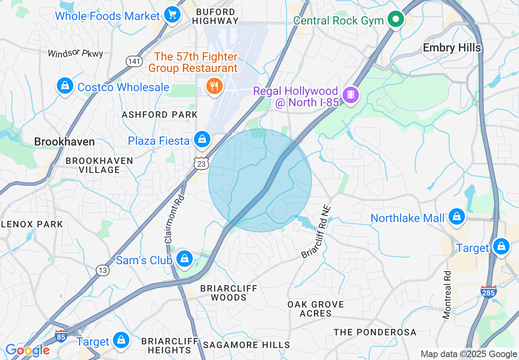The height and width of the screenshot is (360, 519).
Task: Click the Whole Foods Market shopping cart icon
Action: (172, 16)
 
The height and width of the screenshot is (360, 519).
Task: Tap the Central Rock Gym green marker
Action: (396, 19)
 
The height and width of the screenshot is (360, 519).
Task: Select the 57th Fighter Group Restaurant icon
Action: (213, 86)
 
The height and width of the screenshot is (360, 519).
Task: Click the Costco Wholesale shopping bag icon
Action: (65, 86)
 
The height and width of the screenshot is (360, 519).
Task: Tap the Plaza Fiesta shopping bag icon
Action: (202, 139)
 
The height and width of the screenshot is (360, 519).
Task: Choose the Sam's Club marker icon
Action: (185, 259)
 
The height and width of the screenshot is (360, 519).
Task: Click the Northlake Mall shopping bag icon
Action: (456, 217)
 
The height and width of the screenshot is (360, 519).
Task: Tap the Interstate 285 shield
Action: (489, 292)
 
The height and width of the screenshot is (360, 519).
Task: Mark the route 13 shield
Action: (103, 270)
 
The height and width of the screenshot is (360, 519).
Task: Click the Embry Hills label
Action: (451, 48)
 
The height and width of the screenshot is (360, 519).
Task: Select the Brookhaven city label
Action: (64, 142)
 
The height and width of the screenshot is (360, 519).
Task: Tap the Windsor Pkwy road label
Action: (75, 54)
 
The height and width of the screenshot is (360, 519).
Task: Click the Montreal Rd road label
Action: (447, 295)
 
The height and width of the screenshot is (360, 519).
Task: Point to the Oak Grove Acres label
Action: (316, 309)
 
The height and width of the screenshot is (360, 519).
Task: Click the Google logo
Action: (27, 350)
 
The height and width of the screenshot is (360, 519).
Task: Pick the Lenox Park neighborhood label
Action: (32, 224)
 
